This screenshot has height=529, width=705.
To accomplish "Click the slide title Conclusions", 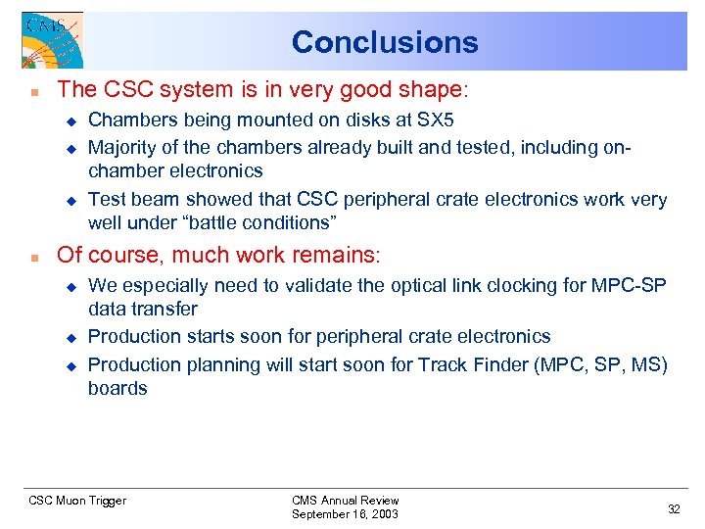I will (x=385, y=42).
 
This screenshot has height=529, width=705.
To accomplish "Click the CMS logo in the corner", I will (x=52, y=40).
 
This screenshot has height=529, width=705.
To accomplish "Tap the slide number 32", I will (x=673, y=508).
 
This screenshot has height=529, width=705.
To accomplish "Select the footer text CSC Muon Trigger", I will (x=77, y=501).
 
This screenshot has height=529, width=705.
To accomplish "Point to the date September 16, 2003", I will (x=345, y=514).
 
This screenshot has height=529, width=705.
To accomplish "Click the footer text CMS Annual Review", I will (x=345, y=500).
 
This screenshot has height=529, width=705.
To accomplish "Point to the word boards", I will (x=117, y=388).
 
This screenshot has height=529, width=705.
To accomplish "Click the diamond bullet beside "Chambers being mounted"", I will (x=70, y=120).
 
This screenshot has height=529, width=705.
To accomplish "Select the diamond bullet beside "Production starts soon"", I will (x=70, y=337).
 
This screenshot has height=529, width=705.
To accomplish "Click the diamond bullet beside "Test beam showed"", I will (x=70, y=200).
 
